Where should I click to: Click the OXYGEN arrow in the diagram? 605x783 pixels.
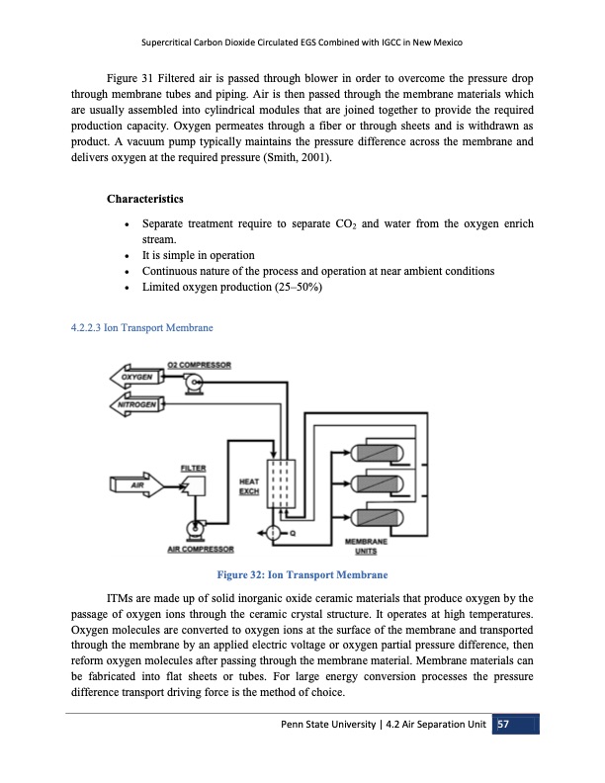point(138,378)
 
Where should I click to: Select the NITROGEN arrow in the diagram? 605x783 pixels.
point(138,403)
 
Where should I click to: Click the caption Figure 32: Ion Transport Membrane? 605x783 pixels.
point(302,574)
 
